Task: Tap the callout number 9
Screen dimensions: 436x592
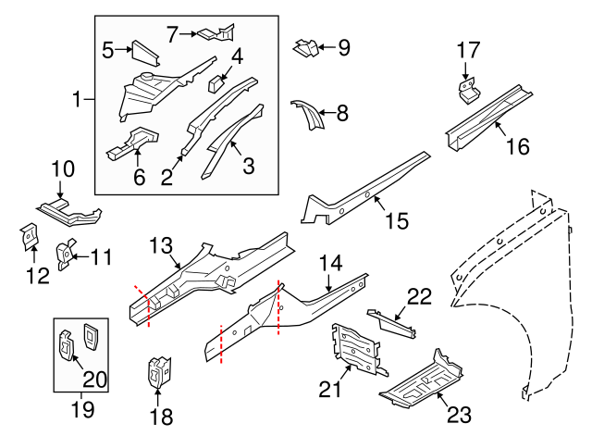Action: [344, 47]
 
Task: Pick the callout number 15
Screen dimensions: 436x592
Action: [395, 221]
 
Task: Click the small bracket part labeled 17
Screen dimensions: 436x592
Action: [469, 89]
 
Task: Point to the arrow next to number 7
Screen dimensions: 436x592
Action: [190, 34]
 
